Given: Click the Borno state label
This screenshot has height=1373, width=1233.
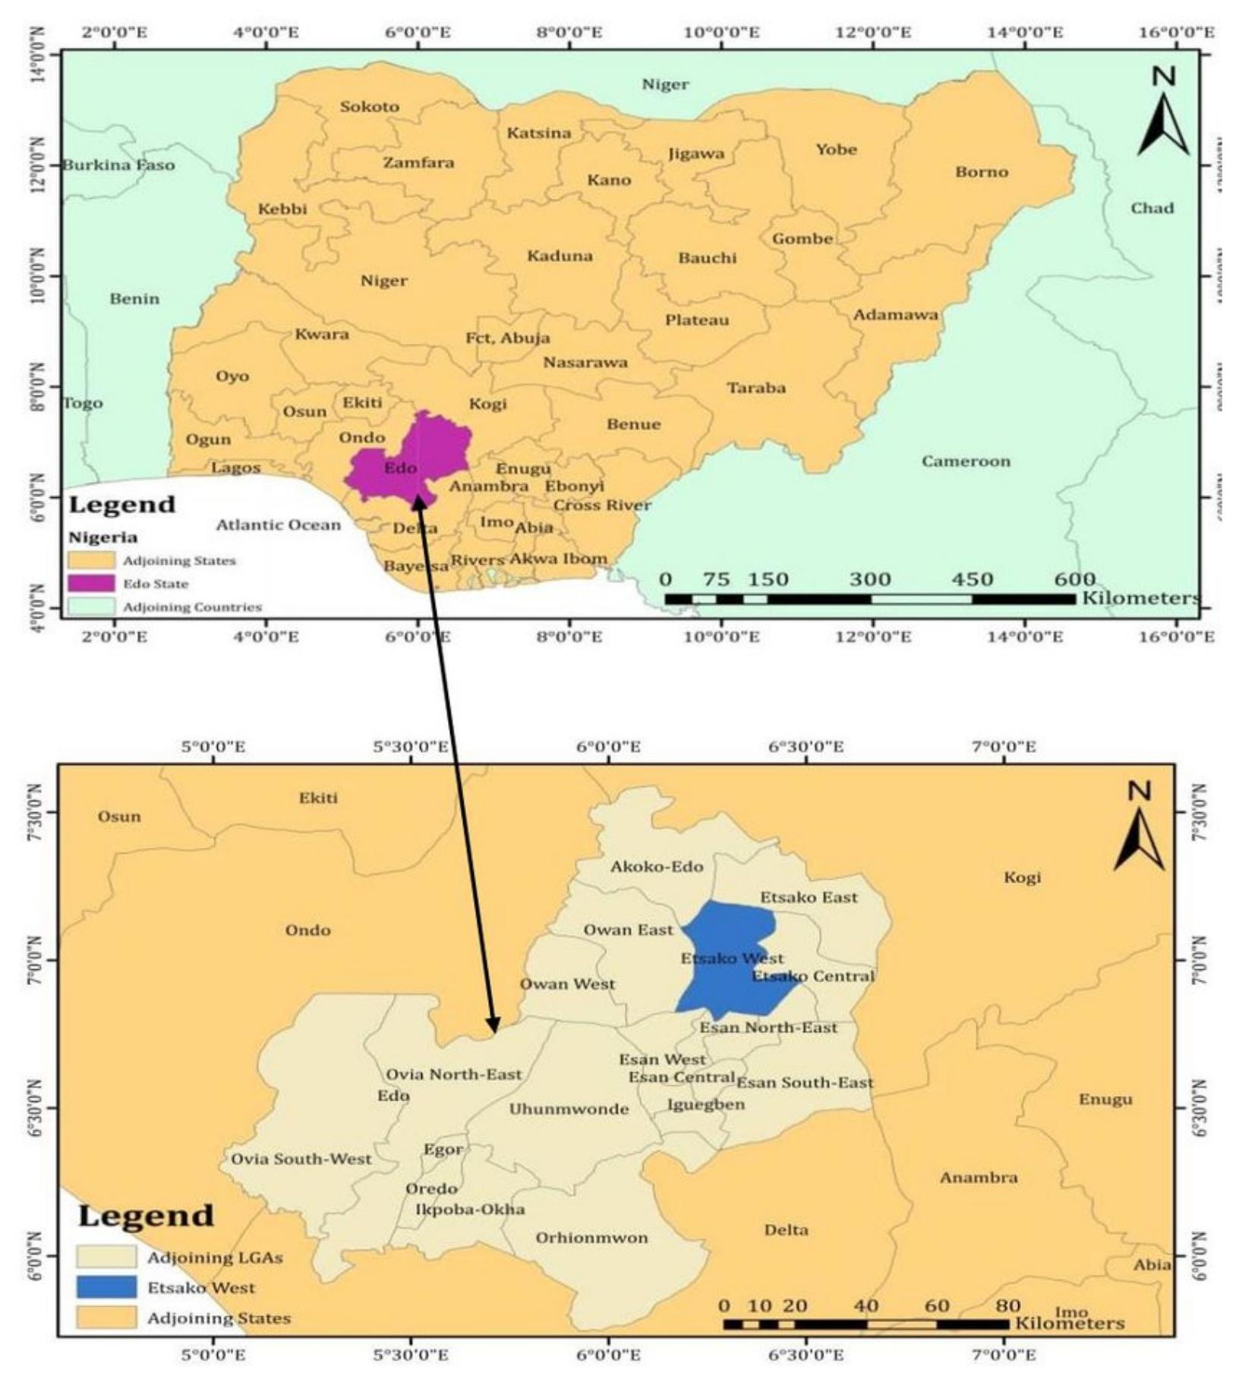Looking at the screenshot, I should coord(981,172).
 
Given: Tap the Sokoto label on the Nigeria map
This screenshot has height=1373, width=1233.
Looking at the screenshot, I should coord(369,107).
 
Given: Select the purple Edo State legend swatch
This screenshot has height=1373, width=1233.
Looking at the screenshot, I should coord(91,584).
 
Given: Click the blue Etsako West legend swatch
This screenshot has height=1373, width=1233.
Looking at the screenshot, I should coord(106,1287).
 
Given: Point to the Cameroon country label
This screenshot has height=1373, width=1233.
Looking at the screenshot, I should coord(966,461).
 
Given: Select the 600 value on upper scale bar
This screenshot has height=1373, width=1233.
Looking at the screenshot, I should coord(1074,580).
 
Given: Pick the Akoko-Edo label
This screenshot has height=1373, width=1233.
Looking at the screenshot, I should coord(657,867).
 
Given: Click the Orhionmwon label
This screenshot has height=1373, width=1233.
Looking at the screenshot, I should coord(591,1238).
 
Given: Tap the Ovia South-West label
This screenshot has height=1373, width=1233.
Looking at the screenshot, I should coord(301,1159).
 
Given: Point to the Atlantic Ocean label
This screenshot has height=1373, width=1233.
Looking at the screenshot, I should coord(278,525).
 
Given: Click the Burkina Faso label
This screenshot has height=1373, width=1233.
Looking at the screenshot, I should coord(118,165).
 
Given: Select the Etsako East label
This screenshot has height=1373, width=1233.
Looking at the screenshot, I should coord(809,898).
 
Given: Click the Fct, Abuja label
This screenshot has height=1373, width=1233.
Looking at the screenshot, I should coord(508,339).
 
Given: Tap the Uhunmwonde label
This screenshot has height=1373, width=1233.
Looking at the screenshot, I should coord(569,1109).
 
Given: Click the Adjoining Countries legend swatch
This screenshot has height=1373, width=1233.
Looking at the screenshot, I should coord(91,606).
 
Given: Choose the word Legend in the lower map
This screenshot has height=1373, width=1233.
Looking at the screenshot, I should coord(146,1216).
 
